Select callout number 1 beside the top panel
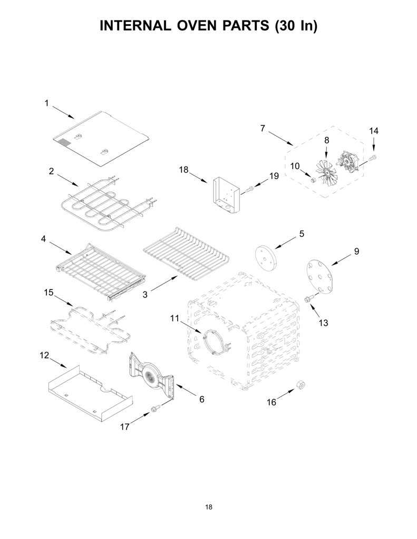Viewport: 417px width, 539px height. tap(47, 103)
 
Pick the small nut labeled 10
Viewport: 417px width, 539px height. tap(313, 180)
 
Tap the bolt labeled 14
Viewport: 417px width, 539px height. tap(373, 157)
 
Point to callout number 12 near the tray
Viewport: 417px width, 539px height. tap(44, 355)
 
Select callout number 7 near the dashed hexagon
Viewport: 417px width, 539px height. tap(263, 128)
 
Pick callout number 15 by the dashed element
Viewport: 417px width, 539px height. tap(49, 293)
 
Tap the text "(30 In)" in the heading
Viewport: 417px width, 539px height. tap(296, 26)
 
